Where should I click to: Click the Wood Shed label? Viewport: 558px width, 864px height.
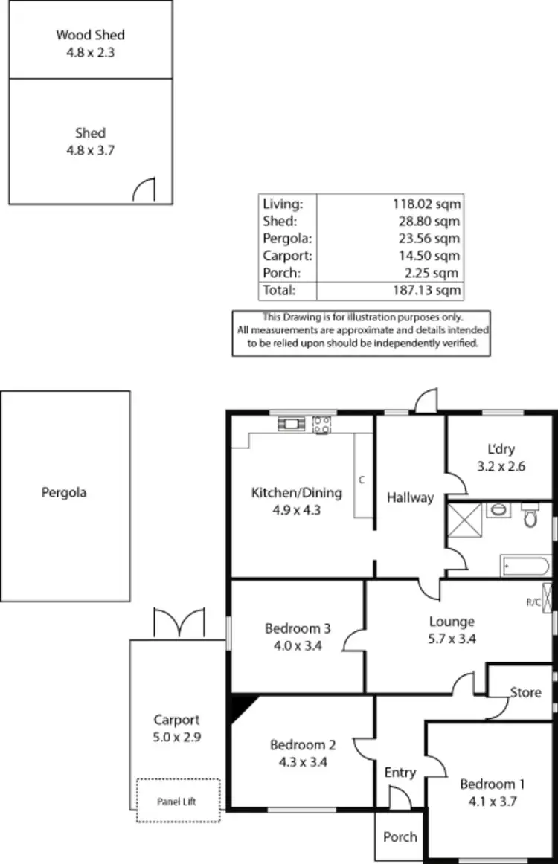(x=90, y=35)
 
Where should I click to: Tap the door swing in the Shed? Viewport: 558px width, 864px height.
(x=144, y=190)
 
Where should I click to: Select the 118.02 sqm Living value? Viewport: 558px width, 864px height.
(x=426, y=203)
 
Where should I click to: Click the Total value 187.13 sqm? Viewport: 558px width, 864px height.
(x=426, y=290)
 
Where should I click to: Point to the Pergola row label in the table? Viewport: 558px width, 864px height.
(x=287, y=239)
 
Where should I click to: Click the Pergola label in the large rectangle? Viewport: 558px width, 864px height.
(x=64, y=492)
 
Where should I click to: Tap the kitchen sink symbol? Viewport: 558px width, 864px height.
(x=290, y=425)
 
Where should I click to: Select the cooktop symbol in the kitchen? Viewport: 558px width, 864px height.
(x=322, y=425)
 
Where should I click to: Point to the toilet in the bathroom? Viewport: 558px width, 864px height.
(x=530, y=515)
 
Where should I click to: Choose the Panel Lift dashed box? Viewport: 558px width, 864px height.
(x=178, y=801)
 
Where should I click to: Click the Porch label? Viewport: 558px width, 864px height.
(x=400, y=837)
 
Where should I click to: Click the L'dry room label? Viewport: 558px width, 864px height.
(x=501, y=449)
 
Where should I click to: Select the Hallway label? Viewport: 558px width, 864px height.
(x=410, y=497)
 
